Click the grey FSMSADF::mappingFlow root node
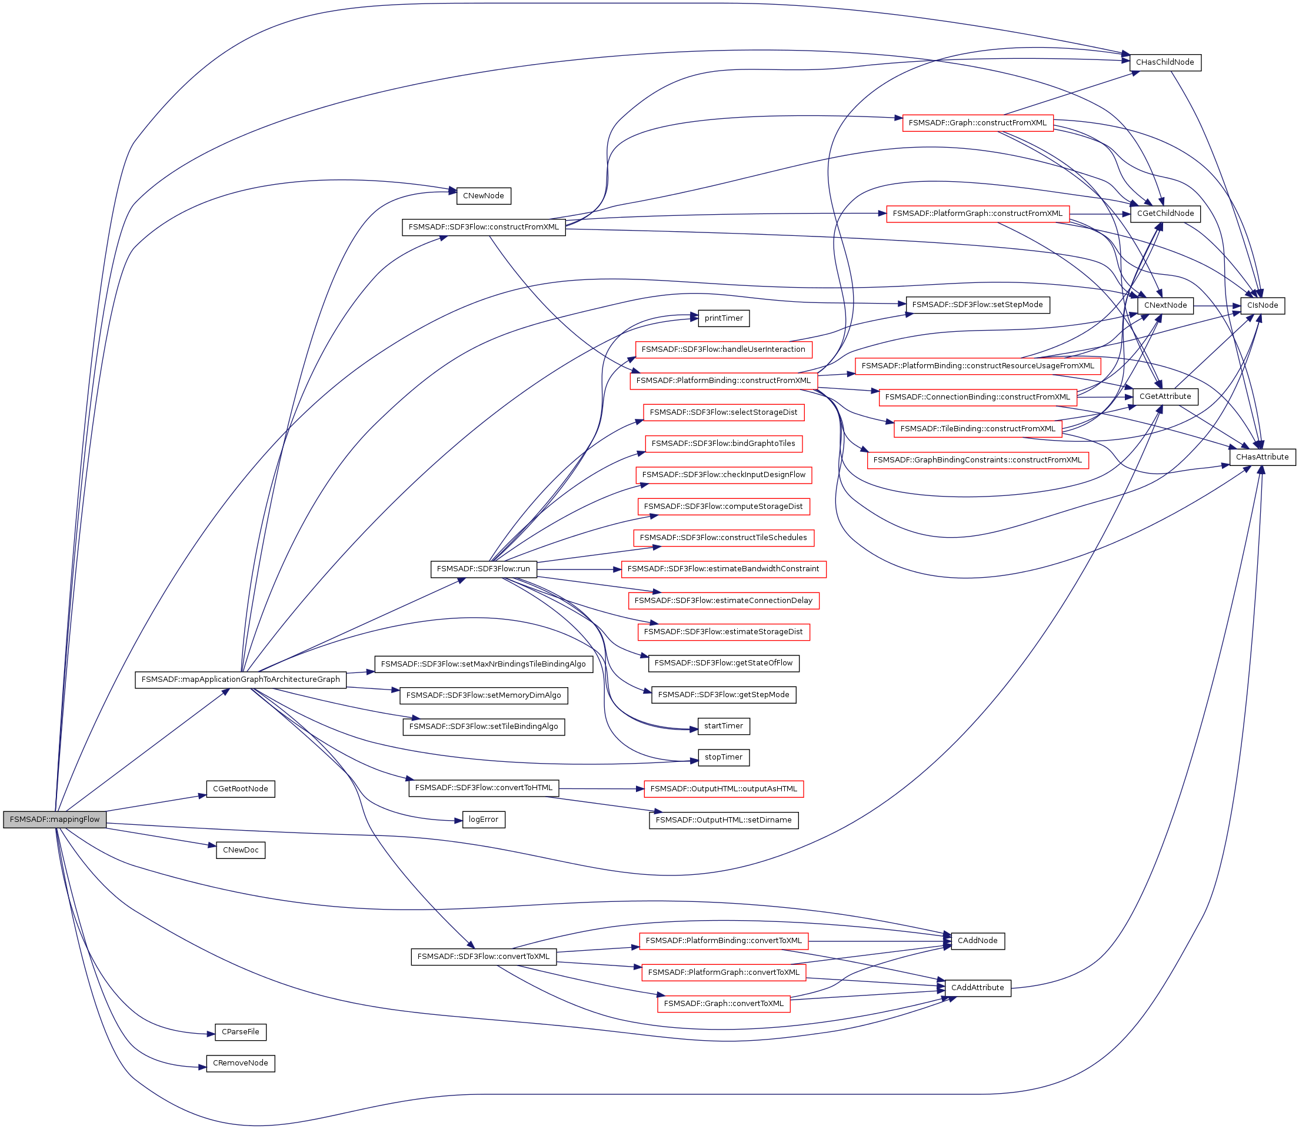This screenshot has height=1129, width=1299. click(55, 820)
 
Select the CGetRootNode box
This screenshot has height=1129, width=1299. click(240, 789)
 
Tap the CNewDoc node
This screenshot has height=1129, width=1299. click(240, 850)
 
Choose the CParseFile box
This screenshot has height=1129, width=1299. click(240, 1032)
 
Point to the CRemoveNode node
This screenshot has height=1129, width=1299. click(240, 1063)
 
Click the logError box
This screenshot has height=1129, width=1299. click(483, 820)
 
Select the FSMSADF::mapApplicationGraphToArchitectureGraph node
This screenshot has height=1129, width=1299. click(240, 679)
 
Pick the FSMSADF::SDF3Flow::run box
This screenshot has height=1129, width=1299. click(483, 569)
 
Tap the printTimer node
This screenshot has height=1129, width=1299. click(723, 318)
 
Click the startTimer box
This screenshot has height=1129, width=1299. click(723, 726)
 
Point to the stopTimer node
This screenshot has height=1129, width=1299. click(723, 757)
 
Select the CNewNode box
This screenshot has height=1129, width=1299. click(483, 196)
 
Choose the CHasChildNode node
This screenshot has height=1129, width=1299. click(1165, 62)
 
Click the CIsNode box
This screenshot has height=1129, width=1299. click(1263, 305)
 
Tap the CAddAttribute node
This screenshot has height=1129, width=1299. click(977, 988)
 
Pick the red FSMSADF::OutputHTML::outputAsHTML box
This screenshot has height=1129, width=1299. click(723, 789)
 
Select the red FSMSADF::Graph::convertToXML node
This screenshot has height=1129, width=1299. click(723, 1004)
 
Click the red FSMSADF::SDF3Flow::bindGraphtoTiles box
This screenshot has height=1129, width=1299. click(723, 444)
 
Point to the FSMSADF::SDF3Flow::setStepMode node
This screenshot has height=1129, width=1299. click(977, 304)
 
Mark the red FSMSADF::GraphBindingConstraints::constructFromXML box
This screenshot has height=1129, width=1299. click(977, 460)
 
